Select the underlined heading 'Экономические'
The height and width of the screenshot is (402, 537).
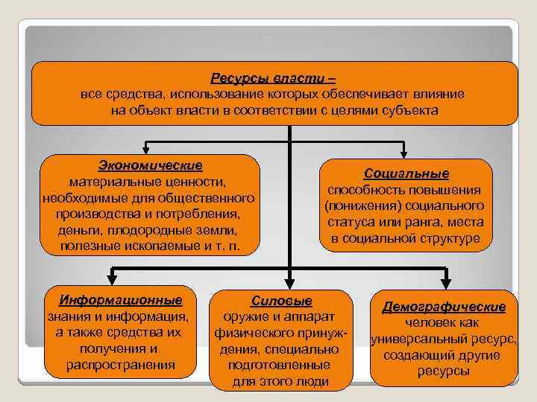pyautogui.click(x=150, y=165)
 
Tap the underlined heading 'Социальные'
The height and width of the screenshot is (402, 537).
pyautogui.click(x=406, y=173)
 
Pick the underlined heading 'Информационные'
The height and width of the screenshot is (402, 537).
pyautogui.click(x=121, y=300)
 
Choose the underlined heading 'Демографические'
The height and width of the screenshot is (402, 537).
pyautogui.click(x=444, y=307)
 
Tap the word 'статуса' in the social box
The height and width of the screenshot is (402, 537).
pyautogui.click(x=351, y=223)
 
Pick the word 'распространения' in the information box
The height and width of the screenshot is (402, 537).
pyautogui.click(x=121, y=365)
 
